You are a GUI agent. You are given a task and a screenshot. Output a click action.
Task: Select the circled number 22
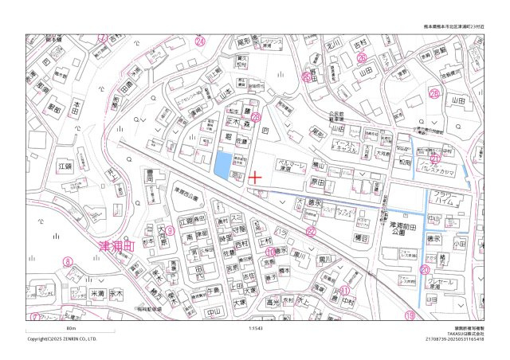pos(312,232)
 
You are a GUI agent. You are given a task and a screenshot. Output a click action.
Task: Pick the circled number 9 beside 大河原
pos(169,231)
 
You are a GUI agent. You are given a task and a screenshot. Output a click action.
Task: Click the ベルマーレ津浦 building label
pos(291,167)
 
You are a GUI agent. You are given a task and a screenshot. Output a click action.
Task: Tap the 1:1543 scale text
pos(255,327)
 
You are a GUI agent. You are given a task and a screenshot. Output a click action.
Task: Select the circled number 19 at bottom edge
pos(410,316)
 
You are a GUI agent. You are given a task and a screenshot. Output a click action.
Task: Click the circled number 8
pos(69,260)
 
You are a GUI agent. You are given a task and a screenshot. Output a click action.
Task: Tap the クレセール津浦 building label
pos(440,285)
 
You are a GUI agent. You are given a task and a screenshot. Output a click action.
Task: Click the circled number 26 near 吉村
pos(362,58)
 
